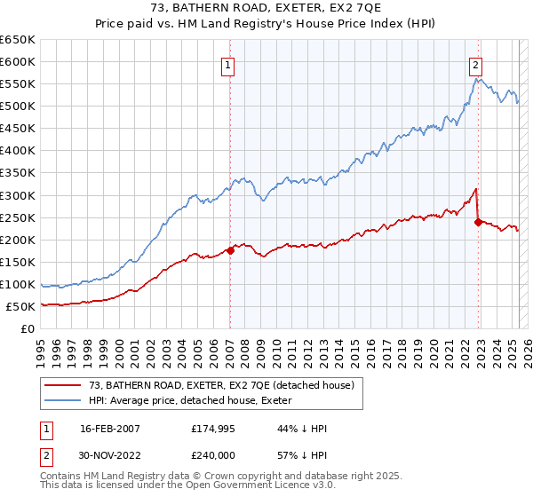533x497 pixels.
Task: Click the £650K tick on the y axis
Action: coord(18,40)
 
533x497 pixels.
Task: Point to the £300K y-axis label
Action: coord(18,195)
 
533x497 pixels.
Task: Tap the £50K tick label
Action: coord(21,306)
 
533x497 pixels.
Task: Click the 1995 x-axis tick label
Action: coord(41,346)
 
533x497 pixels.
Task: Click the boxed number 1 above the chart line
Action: coord(228,65)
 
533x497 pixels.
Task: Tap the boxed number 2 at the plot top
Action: coord(476,65)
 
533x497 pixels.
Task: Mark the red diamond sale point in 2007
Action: coord(230,250)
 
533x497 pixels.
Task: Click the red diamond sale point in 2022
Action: coord(479,222)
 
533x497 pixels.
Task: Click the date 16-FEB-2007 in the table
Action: coord(109,429)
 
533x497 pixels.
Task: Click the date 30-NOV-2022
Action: coord(109,455)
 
